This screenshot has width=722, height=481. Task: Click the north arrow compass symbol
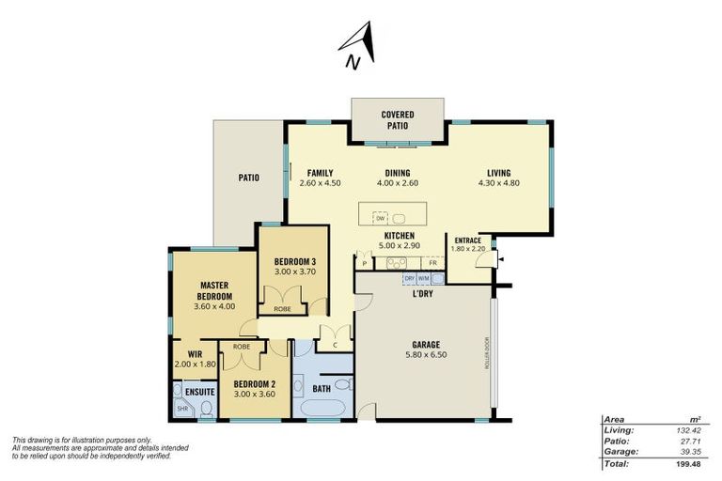pyautogui.click(x=359, y=46)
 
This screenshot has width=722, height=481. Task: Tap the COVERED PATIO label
pyautogui.click(x=398, y=119)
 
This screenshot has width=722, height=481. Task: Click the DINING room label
pyautogui.click(x=399, y=172)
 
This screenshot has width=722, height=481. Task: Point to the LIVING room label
pyautogui.click(x=498, y=172)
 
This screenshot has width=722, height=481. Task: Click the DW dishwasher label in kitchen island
pyautogui.click(x=381, y=218)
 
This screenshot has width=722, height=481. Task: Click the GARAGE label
pyautogui.click(x=425, y=344)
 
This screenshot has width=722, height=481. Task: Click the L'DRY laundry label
pyautogui.click(x=422, y=294)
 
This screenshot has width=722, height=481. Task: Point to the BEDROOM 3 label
pyautogui.click(x=294, y=261)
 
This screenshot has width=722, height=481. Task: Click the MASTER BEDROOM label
pyautogui.click(x=214, y=289)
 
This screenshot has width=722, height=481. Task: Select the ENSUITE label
pyautogui.click(x=199, y=390)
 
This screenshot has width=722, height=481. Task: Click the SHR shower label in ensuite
pyautogui.click(x=182, y=408)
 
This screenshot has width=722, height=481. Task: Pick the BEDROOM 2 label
pyautogui.click(x=255, y=383)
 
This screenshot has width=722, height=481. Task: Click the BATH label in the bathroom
pyautogui.click(x=322, y=387)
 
